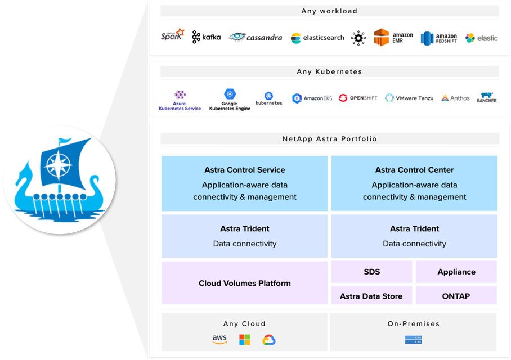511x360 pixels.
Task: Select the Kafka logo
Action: [206, 37]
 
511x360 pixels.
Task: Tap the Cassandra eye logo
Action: [255, 37]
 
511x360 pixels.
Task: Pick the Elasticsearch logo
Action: [317, 38]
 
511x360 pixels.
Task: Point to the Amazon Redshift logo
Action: [439, 38]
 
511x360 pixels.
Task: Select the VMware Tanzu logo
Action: [409, 98]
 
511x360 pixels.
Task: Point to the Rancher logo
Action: [486, 98]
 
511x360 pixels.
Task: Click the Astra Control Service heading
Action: [244, 170]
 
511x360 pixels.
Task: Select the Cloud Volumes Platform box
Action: [244, 283]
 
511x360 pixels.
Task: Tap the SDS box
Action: [371, 272]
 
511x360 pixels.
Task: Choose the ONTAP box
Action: [456, 296]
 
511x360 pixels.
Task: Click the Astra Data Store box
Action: [371, 296]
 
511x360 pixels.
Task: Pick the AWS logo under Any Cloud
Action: [219, 339]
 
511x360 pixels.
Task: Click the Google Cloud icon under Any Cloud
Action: [268, 340]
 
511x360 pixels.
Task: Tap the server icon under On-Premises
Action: [413, 340]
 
